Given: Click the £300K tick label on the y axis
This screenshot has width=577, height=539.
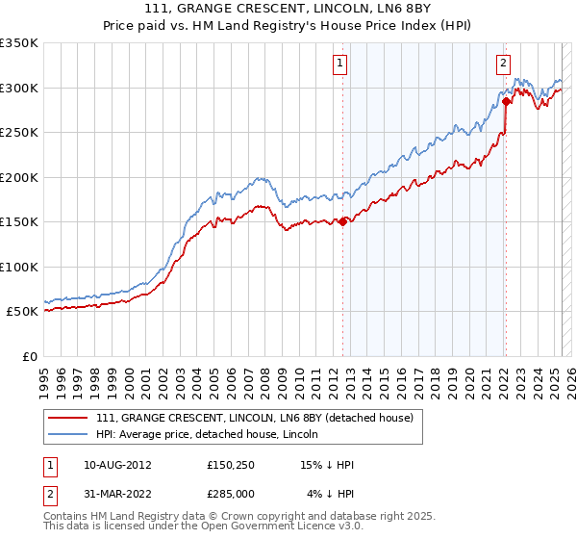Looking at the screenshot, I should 18,88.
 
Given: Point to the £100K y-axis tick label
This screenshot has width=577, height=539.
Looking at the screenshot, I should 18,267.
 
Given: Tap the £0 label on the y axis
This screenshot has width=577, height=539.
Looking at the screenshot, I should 28,356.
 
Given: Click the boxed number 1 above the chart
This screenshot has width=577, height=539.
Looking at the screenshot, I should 341,64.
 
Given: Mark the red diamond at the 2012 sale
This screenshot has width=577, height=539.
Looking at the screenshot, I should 342,221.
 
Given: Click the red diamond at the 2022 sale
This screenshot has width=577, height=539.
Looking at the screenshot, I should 506,101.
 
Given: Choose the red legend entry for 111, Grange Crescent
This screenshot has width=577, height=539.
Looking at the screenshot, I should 255,417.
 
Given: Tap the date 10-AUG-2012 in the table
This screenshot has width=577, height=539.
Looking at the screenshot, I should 117,465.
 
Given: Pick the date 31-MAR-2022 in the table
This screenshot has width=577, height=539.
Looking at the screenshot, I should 117,494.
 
